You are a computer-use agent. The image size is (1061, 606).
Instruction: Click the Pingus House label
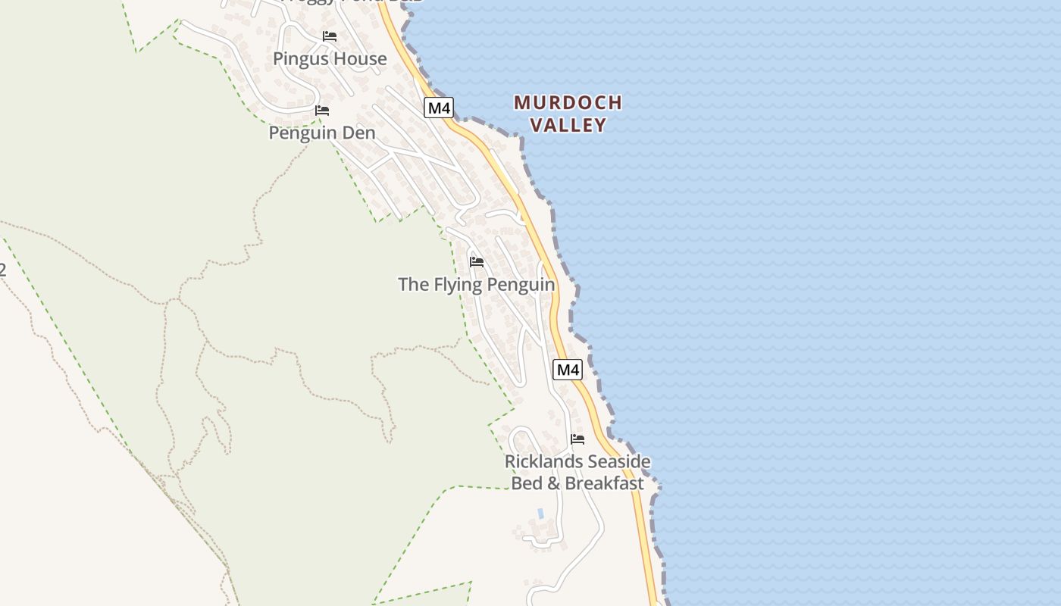click(x=330, y=59)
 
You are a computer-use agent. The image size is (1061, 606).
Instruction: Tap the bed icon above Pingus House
click(x=330, y=36)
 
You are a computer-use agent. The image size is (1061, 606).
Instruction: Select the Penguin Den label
click(x=322, y=133)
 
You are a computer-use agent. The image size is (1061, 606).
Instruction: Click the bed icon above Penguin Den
click(x=322, y=111)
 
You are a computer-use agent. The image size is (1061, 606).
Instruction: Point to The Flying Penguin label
click(x=476, y=285)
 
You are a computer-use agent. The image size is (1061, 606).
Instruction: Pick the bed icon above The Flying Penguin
click(x=477, y=262)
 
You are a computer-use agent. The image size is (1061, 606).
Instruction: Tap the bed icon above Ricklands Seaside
click(x=577, y=439)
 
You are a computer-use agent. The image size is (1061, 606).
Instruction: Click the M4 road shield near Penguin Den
click(x=439, y=108)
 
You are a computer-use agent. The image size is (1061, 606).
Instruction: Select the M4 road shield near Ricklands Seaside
click(x=568, y=370)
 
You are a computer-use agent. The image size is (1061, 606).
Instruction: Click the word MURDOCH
click(x=568, y=102)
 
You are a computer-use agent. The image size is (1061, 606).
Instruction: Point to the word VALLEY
click(x=568, y=125)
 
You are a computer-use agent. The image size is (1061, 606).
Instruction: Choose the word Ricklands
click(x=540, y=461)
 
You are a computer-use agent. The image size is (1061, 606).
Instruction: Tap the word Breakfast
click(x=605, y=483)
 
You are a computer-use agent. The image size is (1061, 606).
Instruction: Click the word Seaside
click(x=615, y=461)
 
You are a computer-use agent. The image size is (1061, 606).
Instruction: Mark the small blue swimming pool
click(x=540, y=513)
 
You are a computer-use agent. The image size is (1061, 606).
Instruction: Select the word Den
click(x=360, y=133)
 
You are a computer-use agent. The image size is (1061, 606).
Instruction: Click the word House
click(x=362, y=59)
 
